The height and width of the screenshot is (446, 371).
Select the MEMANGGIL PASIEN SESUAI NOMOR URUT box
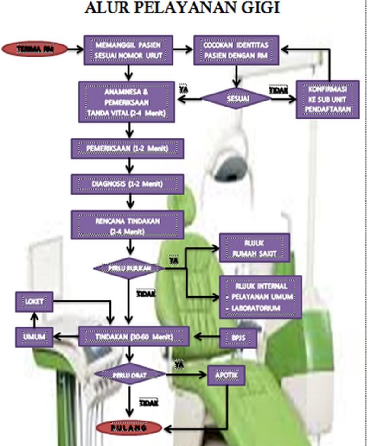click(128, 50)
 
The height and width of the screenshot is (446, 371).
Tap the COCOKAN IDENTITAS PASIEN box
click(236, 50)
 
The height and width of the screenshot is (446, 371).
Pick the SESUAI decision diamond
click(237, 99)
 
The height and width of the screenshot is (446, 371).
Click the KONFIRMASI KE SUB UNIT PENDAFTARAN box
click(328, 100)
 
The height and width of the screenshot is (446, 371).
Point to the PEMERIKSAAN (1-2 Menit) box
click(127, 148)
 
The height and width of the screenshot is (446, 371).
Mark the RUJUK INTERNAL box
click(261, 297)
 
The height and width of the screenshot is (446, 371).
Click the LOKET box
click(35, 302)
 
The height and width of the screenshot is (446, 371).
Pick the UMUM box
click(35, 337)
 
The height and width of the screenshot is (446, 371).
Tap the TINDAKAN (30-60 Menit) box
click(134, 337)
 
